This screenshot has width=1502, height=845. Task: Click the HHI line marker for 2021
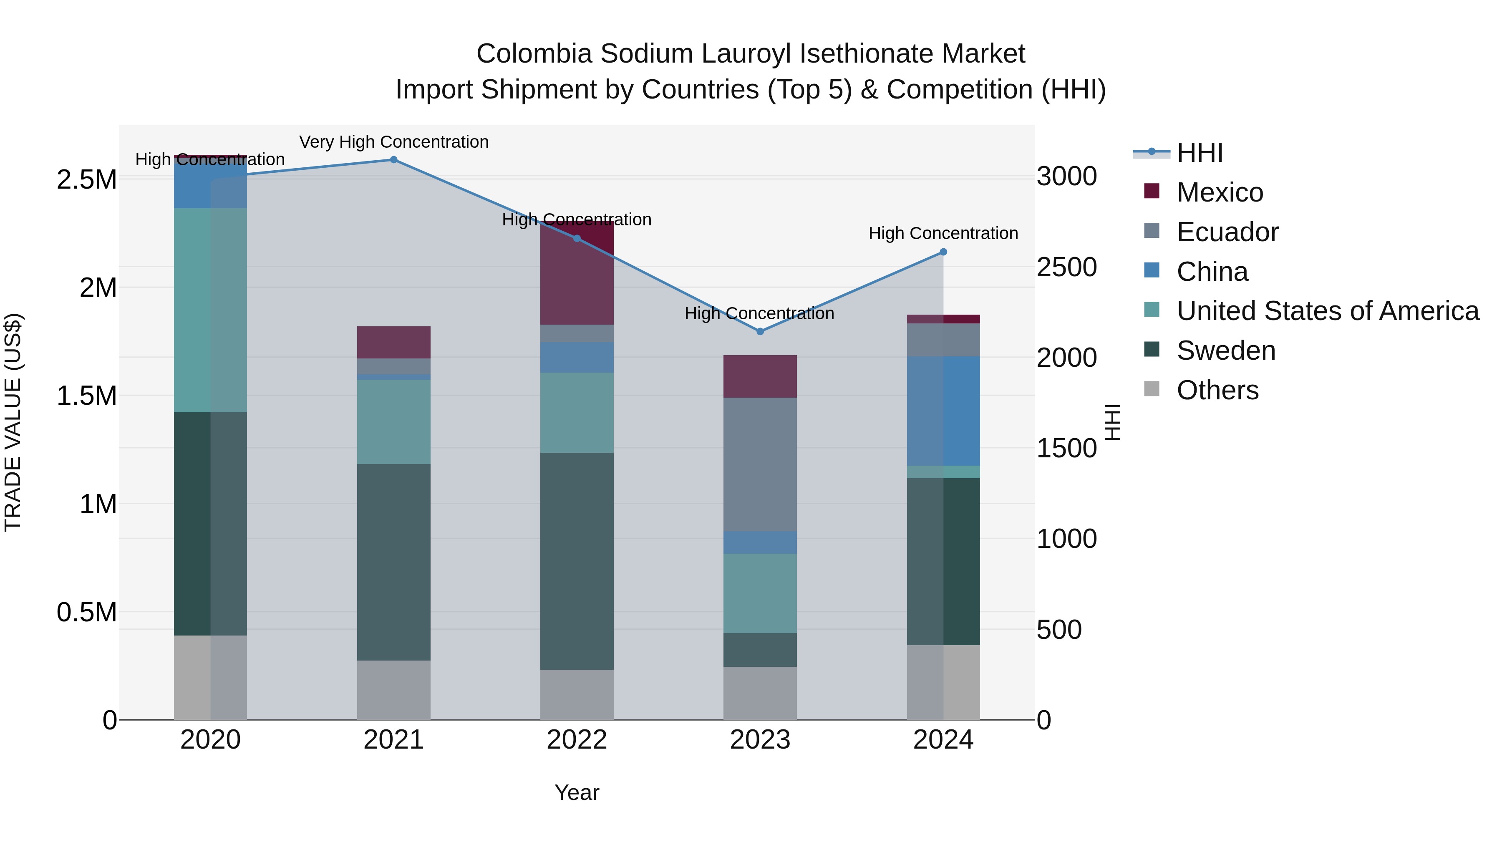coord(393,160)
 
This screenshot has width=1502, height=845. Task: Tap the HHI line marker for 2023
coord(760,331)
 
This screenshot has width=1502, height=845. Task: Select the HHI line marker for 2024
coord(943,252)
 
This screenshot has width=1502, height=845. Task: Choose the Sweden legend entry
coord(1226,351)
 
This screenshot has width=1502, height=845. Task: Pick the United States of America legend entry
coord(1327,311)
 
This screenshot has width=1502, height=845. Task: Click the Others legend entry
coord(1217,390)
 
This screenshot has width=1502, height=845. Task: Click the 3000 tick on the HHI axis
coord(1066,176)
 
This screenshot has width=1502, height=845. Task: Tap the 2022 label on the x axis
coord(577,740)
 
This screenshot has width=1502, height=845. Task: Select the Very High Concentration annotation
coord(393,142)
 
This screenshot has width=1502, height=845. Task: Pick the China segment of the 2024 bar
coord(943,411)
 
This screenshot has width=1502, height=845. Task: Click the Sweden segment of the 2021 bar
coord(393,562)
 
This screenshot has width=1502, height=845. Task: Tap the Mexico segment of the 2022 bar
coord(577,273)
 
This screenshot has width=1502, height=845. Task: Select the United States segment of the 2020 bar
coord(211,310)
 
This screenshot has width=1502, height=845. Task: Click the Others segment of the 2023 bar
coord(760,693)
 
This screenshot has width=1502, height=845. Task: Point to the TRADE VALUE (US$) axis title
coord(13,422)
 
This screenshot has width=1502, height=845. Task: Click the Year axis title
coord(577,792)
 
